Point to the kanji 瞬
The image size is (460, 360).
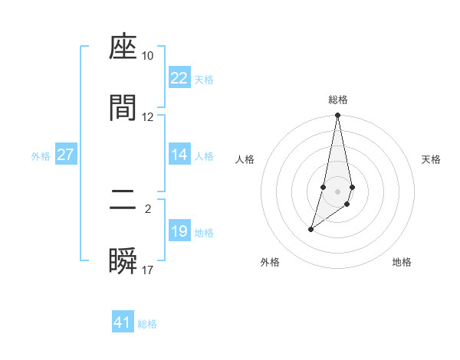point(123,261)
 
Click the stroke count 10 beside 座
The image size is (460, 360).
point(148,56)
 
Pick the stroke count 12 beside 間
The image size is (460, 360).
point(148,116)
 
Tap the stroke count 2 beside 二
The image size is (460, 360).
point(148,208)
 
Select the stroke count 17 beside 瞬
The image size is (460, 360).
point(148,270)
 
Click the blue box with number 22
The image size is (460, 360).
point(179,78)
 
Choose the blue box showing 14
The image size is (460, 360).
point(179,155)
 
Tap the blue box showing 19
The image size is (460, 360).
point(179,231)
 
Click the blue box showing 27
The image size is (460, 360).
point(65,155)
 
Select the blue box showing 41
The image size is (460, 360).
point(123,322)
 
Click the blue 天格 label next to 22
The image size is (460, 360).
point(204,80)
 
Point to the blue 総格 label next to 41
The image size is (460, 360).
point(147,324)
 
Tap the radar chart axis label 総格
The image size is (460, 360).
point(338,100)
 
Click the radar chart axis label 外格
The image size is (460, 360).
point(270,262)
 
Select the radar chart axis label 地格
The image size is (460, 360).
point(402,262)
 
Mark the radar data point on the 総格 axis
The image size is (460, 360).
point(337,116)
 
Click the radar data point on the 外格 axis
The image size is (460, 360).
point(310,229)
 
